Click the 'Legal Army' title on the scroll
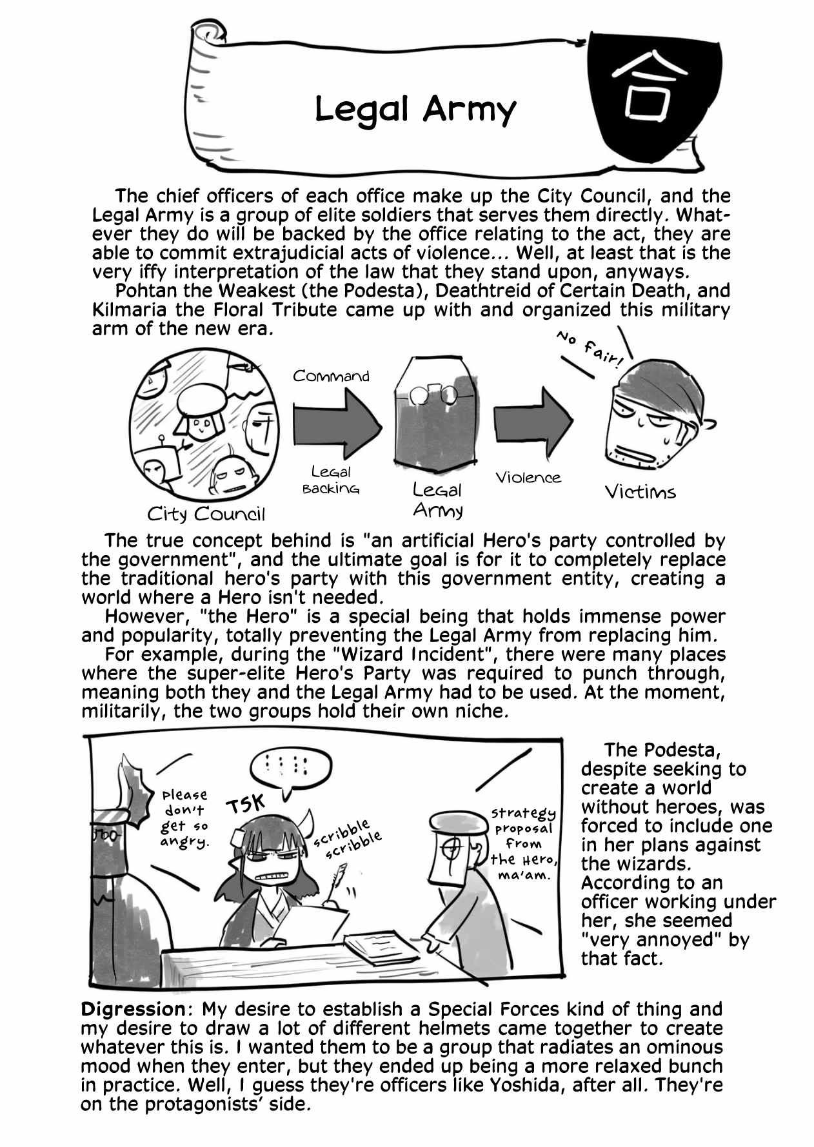point(415,110)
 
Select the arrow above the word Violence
point(533,422)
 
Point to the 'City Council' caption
point(206,514)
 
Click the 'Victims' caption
point(640,492)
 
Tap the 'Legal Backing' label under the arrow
point(331,480)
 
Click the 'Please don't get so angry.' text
point(184,818)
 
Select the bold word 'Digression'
point(133,1009)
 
